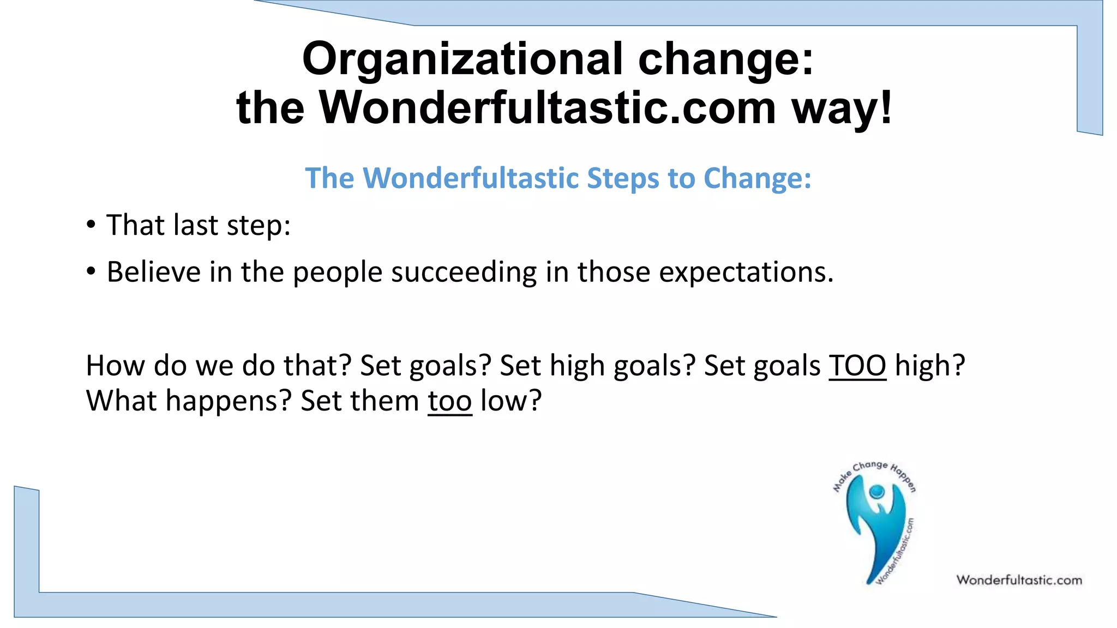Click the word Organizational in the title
[x=462, y=59]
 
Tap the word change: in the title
[x=725, y=59]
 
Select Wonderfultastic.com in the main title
[x=547, y=107]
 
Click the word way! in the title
[x=842, y=107]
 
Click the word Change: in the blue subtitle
[x=757, y=178]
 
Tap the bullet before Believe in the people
[x=91, y=271]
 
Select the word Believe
[x=153, y=271]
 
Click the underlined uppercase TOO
[x=857, y=365]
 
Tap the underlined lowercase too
[x=449, y=401]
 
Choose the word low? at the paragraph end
[x=511, y=401]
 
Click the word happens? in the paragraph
[x=229, y=401]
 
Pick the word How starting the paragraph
[x=116, y=365]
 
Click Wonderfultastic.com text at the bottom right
[x=1019, y=580]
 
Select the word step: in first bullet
[x=259, y=225]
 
